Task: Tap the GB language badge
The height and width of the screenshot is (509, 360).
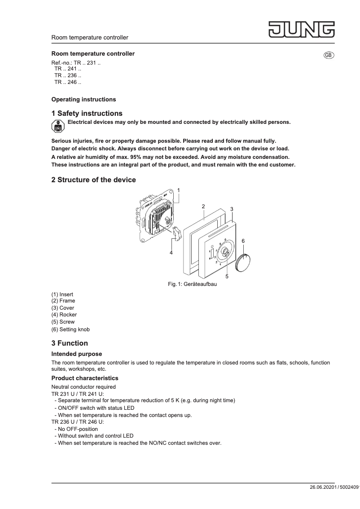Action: pyautogui.click(x=329, y=55)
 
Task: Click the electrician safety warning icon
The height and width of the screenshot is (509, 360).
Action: pyautogui.click(x=57, y=127)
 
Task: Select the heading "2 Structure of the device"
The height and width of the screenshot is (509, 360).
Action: pyautogui.click(x=93, y=180)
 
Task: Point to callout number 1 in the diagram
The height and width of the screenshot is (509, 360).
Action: pyautogui.click(x=179, y=190)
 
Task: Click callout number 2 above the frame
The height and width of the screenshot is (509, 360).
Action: pyautogui.click(x=203, y=206)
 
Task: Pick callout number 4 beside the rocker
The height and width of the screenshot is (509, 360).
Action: pyautogui.click(x=171, y=253)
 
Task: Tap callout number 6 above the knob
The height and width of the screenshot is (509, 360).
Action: pyautogui.click(x=243, y=241)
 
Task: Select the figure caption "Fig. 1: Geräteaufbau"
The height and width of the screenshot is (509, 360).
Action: pyautogui.click(x=192, y=284)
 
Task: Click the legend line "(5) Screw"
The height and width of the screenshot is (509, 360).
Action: pyautogui.click(x=63, y=322)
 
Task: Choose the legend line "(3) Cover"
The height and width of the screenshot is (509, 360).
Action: pyautogui.click(x=63, y=308)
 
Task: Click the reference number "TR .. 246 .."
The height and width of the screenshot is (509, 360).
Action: pyautogui.click(x=67, y=83)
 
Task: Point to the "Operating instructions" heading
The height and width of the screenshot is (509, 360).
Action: pyautogui.click(x=83, y=99)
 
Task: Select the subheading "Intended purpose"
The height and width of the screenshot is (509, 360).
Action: pyautogui.click(x=76, y=354)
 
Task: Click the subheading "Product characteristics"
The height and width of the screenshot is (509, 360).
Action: pyautogui.click(x=85, y=378)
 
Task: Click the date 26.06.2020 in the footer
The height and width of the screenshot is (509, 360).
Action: pyautogui.click(x=321, y=487)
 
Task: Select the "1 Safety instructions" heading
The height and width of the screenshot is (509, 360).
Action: pyautogui.click(x=87, y=114)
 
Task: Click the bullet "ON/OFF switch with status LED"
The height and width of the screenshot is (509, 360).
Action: pyautogui.click(x=96, y=408)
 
